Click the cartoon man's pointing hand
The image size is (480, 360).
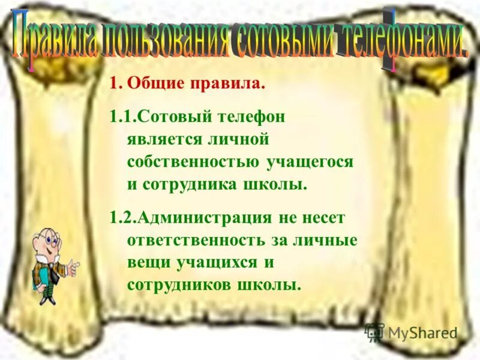pyautogui.click(x=73, y=267)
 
